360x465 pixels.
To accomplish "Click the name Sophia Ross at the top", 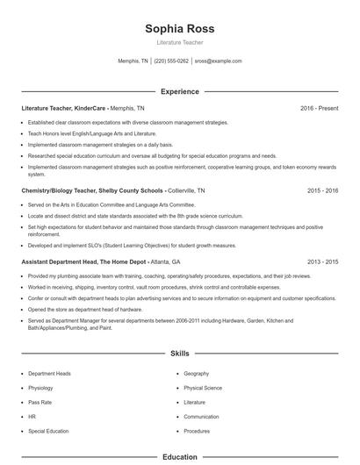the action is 179,29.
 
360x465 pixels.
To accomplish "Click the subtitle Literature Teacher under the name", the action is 179,42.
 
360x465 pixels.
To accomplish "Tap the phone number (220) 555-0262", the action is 171,61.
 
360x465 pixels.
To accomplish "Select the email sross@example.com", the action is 218,61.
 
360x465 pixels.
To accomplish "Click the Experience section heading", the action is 179,91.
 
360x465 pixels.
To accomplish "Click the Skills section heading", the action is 179,354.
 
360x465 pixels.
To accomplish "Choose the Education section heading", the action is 179,457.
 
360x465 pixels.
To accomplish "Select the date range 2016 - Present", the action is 319,108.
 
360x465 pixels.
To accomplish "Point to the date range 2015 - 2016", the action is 322,190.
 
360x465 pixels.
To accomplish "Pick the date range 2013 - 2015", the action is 322,261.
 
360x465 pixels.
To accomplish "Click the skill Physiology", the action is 40,388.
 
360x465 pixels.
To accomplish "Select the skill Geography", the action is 196,374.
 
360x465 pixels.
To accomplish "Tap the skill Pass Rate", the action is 40,403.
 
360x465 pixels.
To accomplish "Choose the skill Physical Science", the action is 203,388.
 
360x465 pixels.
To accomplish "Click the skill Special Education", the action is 47,432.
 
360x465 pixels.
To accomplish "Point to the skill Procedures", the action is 197,432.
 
